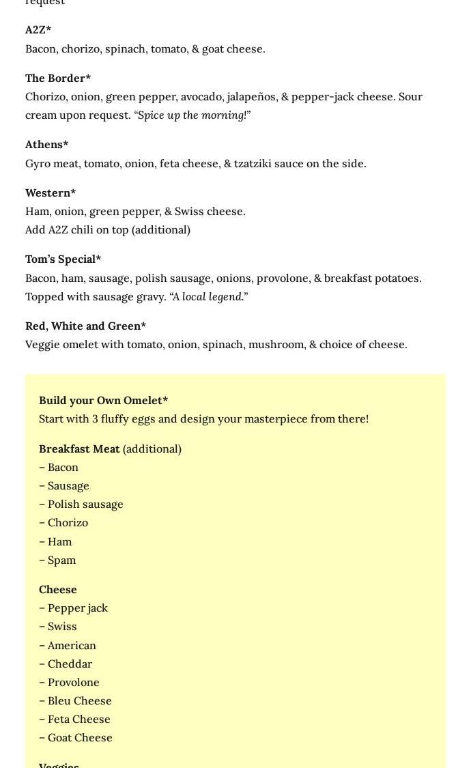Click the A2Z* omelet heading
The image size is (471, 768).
coord(38,30)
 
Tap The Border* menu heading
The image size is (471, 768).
coord(58,78)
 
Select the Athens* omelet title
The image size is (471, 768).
coord(46,145)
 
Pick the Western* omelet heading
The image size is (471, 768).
coord(51,193)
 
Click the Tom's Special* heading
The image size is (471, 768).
coord(63,259)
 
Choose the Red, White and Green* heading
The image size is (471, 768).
coord(85,326)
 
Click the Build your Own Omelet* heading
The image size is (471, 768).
coord(103,401)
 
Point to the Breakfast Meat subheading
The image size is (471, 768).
coord(79,449)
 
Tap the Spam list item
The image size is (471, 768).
coord(61,560)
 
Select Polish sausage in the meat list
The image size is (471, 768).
coord(85,504)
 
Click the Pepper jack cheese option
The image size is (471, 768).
coord(77,608)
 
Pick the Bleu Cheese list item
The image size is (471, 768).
coord(79,700)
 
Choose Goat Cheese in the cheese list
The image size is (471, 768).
coord(80,737)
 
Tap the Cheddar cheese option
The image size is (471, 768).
coord(70,664)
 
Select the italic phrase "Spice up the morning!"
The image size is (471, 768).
coord(192,115)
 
